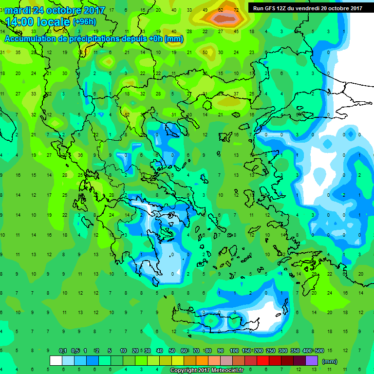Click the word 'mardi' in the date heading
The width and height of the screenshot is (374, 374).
[17, 10]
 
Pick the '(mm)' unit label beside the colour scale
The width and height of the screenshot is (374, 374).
[330, 361]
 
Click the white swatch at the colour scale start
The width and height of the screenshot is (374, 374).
[56, 361]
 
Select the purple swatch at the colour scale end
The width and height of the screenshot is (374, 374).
[312, 361]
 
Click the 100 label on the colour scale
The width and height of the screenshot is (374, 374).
[234, 351]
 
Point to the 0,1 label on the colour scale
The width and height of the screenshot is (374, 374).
[63, 351]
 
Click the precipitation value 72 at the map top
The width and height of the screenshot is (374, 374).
[236, 10]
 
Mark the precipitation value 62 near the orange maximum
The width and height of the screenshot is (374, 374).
[221, 10]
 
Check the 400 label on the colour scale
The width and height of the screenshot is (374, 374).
[307, 351]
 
